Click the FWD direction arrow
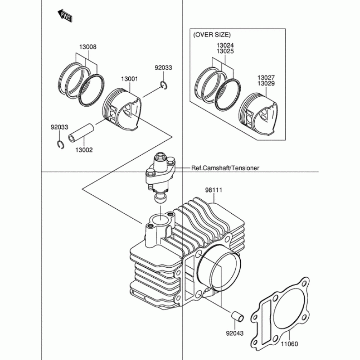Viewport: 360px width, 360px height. (x=65, y=16)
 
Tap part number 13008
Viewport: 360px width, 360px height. (x=88, y=47)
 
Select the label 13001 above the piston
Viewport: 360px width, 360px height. (x=130, y=79)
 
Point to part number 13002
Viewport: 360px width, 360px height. (x=84, y=150)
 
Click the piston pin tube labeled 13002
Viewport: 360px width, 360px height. (x=81, y=133)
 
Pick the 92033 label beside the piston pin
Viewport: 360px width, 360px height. (x=59, y=127)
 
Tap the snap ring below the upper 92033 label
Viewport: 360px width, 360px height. (x=164, y=85)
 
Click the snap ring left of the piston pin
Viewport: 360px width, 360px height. (x=60, y=144)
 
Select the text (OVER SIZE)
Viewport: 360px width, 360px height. (x=212, y=35)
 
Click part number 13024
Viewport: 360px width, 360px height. (x=225, y=45)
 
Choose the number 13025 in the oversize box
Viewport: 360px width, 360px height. (x=225, y=51)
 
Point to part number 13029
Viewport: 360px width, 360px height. (x=266, y=83)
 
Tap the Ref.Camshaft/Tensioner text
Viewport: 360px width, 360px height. (x=225, y=168)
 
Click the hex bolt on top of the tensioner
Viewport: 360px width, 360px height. (x=160, y=157)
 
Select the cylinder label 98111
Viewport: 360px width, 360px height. (x=213, y=190)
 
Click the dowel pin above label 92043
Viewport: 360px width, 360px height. (x=237, y=317)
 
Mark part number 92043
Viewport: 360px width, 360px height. (x=234, y=333)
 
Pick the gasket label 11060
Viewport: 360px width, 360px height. (x=289, y=344)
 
